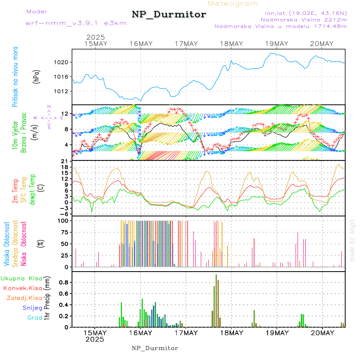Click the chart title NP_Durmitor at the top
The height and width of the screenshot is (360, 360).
(169, 15)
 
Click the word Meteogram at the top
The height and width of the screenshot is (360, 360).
(233, 4)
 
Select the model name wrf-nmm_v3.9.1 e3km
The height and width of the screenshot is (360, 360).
(76, 23)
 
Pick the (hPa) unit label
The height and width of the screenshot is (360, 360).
(36, 76)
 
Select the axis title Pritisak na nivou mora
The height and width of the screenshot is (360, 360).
(15, 76)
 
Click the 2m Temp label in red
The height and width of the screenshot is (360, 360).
(15, 192)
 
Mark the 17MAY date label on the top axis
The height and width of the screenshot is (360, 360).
(186, 44)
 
